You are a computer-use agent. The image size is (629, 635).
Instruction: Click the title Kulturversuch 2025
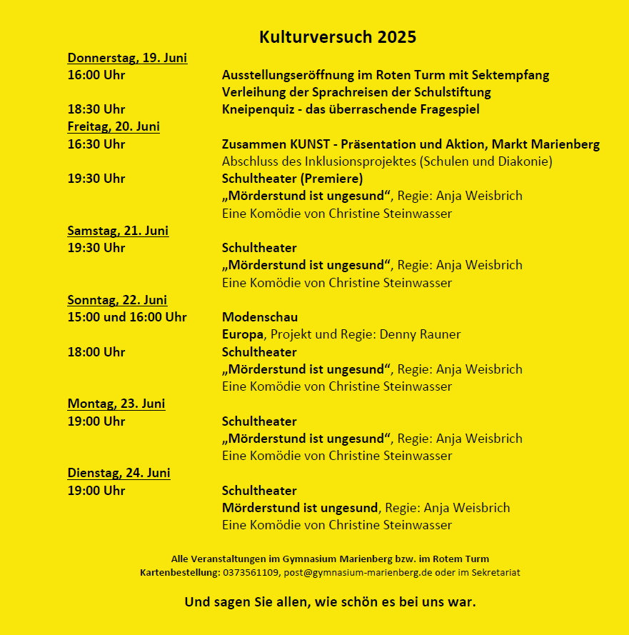pyautogui.click(x=338, y=37)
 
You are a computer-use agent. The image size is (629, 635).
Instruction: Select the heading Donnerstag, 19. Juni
pyautogui.click(x=127, y=58)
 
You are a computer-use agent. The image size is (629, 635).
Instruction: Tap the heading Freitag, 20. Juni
pyautogui.click(x=114, y=126)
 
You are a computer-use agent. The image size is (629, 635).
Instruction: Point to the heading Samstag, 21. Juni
pyautogui.click(x=118, y=231)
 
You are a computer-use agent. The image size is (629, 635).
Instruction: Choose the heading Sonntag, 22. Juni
pyautogui.click(x=117, y=300)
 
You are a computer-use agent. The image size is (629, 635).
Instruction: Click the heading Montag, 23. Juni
pyautogui.click(x=116, y=404)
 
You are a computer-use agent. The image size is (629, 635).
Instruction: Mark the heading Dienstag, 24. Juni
pyautogui.click(x=119, y=473)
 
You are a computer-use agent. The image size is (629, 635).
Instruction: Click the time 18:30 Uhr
pyautogui.click(x=96, y=109)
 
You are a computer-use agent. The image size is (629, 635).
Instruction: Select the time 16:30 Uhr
pyautogui.click(x=96, y=144)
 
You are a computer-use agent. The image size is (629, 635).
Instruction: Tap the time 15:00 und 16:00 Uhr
pyautogui.click(x=127, y=317)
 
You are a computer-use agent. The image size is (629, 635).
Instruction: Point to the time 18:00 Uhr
pyautogui.click(x=96, y=352)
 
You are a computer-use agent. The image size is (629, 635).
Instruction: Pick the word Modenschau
pyautogui.click(x=260, y=317)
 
